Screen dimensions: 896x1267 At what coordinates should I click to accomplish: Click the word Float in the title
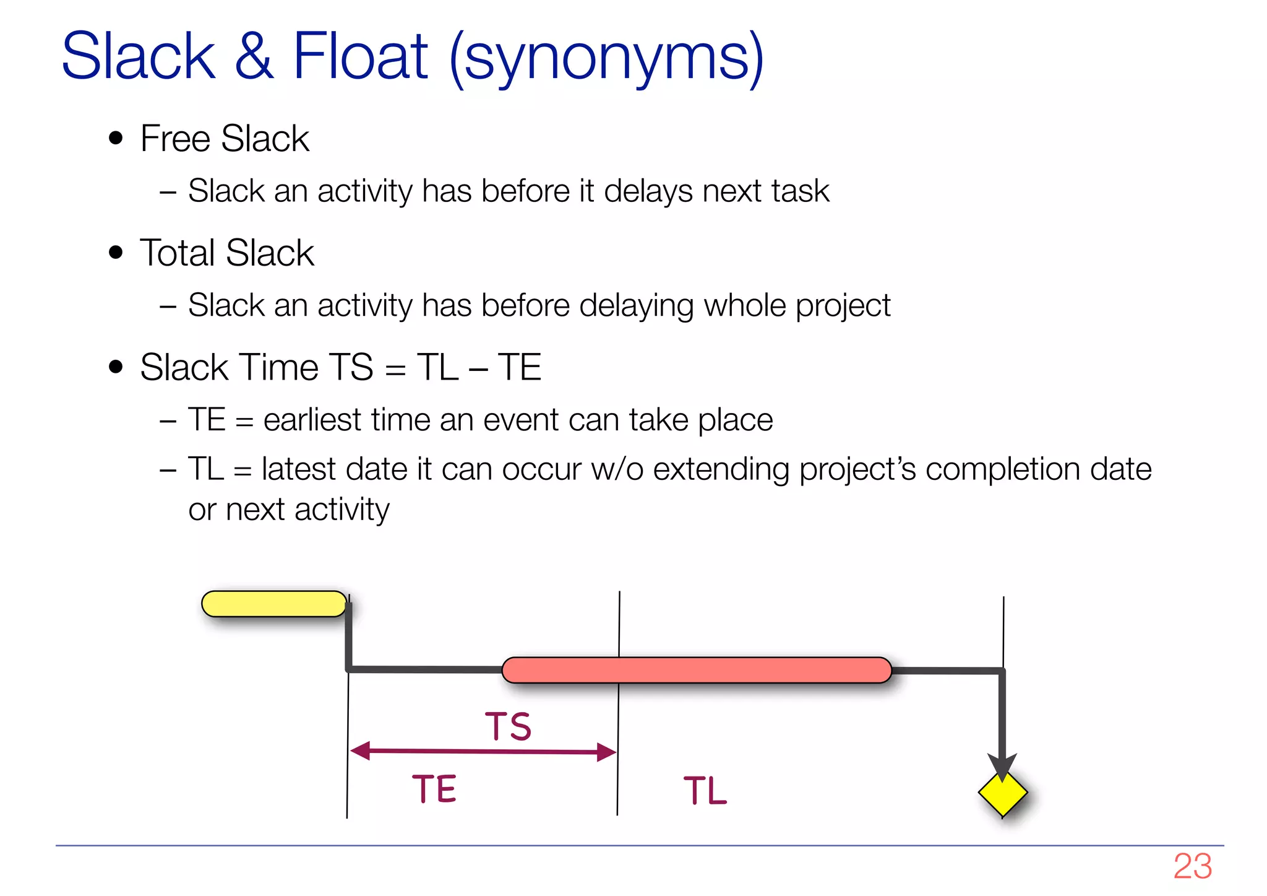coord(359,57)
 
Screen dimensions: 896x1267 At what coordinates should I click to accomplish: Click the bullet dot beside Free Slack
coord(116,138)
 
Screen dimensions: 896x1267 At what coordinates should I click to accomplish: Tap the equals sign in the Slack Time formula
coord(395,370)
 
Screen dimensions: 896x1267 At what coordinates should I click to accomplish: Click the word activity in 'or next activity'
coord(341,510)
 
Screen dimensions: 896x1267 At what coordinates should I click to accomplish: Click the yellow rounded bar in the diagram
coord(274,604)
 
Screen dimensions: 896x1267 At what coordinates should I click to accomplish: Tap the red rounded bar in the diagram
coord(696,670)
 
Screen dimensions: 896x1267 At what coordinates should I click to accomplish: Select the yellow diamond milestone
coord(1002,793)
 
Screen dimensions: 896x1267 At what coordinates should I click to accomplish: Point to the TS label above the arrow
coord(508,726)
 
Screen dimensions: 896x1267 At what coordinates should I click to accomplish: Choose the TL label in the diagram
coord(705,791)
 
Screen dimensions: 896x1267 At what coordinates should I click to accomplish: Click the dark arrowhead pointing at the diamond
coord(1002,767)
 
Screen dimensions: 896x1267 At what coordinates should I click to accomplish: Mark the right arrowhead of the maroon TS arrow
coord(607,752)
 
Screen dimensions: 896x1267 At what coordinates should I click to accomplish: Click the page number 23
coord(1192,866)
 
